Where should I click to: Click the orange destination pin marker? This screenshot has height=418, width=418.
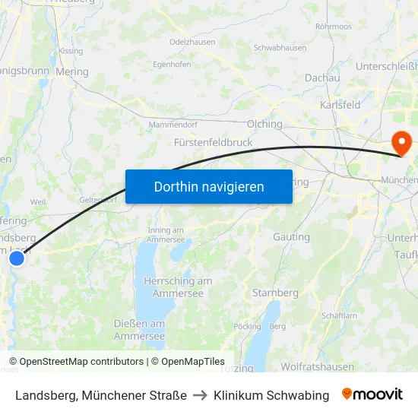pyautogui.click(x=400, y=141)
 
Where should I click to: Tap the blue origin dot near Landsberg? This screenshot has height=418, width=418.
pyautogui.click(x=16, y=258)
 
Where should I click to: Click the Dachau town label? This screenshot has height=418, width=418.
pyautogui.click(x=321, y=78)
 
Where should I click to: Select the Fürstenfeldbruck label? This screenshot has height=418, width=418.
pyautogui.click(x=213, y=142)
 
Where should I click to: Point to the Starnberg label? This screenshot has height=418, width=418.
pyautogui.click(x=275, y=293)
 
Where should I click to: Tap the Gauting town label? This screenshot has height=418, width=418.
pyautogui.click(x=291, y=237)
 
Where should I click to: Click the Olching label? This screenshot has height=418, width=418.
pyautogui.click(x=264, y=124)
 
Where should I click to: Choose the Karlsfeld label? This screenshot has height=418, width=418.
pyautogui.click(x=340, y=105)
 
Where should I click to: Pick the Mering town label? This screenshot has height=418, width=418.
pyautogui.click(x=72, y=72)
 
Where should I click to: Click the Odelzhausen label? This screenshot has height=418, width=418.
pyautogui.click(x=192, y=43)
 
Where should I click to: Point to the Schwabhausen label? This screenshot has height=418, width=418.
pyautogui.click(x=280, y=47)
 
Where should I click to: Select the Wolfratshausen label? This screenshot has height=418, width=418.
pyautogui.click(x=317, y=366)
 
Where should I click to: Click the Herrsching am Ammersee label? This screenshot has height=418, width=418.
pyautogui.click(x=178, y=287)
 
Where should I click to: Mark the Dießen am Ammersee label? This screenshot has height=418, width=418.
pyautogui.click(x=139, y=330)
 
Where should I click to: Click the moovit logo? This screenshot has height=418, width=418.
pyautogui.click(x=372, y=394)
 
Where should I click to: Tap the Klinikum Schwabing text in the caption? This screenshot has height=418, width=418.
pyautogui.click(x=271, y=395)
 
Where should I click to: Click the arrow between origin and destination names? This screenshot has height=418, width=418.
pyautogui.click(x=200, y=395)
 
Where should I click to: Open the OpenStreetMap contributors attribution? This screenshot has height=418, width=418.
pyautogui.click(x=81, y=362)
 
